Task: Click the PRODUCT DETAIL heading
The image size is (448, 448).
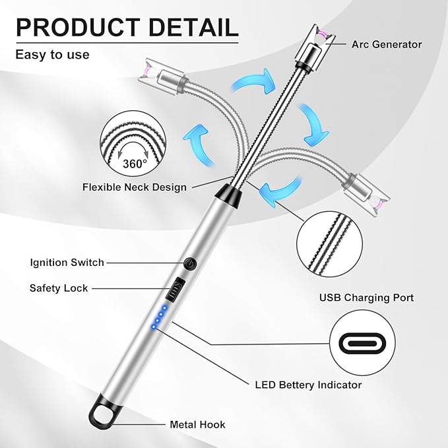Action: pyautogui.click(x=127, y=27)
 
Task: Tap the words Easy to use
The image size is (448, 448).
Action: pyautogui.click(x=52, y=54)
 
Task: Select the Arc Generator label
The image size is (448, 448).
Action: pyautogui.click(x=387, y=44)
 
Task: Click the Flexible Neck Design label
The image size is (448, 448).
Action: pyautogui.click(x=135, y=187)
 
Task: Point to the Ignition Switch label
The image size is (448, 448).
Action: pyautogui.click(x=67, y=263)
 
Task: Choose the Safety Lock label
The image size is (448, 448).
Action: pyautogui.click(x=59, y=288)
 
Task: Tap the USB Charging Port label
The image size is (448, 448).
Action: pyautogui.click(x=366, y=298)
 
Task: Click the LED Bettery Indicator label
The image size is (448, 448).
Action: pyautogui.click(x=308, y=385)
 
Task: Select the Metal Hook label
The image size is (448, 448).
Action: pyautogui.click(x=197, y=424)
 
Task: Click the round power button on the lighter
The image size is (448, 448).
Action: pyautogui.click(x=190, y=263)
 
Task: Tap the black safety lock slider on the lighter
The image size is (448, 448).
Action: pyautogui.click(x=176, y=290)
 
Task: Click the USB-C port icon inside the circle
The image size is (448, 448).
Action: pyautogui.click(x=362, y=343)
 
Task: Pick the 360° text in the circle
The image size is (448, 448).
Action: pyautogui.click(x=135, y=164)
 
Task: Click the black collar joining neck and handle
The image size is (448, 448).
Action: pyautogui.click(x=228, y=196)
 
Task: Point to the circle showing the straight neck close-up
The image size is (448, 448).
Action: pyautogui.click(x=329, y=244)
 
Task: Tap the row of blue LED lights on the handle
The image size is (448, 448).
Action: pyautogui.click(x=159, y=317)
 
